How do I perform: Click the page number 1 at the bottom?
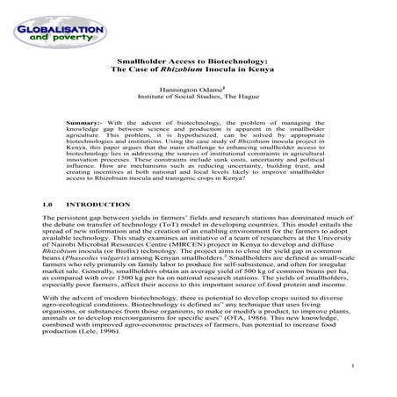350,365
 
